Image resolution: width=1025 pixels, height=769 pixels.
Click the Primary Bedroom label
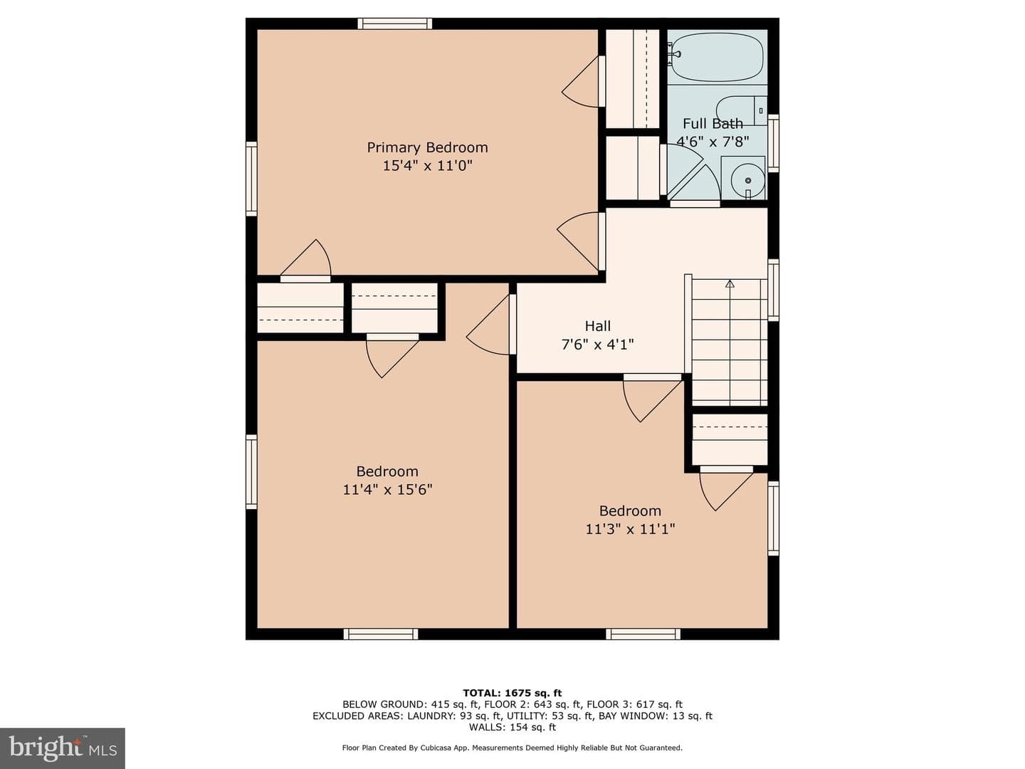(x=427, y=148)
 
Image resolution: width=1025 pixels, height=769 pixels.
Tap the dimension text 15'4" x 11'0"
(x=428, y=166)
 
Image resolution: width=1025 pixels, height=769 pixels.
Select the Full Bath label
(x=713, y=124)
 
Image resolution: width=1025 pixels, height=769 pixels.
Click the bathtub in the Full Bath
(x=717, y=57)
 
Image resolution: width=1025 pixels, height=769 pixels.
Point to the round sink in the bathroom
(x=747, y=180)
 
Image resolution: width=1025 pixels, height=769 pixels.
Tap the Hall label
(x=598, y=326)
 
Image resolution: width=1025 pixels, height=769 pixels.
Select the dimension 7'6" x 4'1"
(x=598, y=345)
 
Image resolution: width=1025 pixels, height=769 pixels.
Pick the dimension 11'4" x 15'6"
(x=388, y=490)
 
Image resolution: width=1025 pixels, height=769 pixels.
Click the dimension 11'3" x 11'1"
(x=631, y=529)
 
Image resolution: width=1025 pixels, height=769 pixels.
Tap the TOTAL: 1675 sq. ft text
(x=512, y=693)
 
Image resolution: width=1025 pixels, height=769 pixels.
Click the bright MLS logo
(x=63, y=748)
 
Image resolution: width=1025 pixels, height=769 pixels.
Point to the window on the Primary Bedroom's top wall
(x=395, y=23)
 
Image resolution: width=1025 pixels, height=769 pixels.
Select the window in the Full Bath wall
(x=774, y=143)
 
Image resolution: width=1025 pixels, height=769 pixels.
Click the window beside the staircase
(x=774, y=290)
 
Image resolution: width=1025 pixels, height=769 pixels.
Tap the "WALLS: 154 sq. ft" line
(x=512, y=727)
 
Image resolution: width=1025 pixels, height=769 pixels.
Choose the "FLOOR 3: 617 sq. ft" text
(x=635, y=705)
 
